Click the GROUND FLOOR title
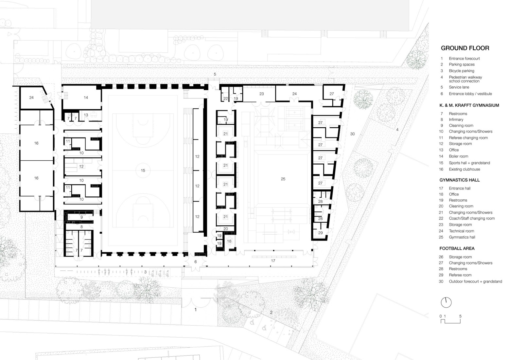(x=465, y=48)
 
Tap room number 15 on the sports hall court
(x=143, y=171)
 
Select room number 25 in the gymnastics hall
(x=283, y=179)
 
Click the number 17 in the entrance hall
(x=273, y=261)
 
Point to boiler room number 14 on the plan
(x=86, y=98)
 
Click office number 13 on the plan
(x=86, y=115)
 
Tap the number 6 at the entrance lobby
(x=196, y=262)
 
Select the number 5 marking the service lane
(x=215, y=74)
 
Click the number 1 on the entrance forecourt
(x=196, y=310)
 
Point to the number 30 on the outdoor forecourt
(x=352, y=134)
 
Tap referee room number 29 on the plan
(x=320, y=233)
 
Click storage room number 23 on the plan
(x=261, y=94)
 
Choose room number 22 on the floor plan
(x=226, y=99)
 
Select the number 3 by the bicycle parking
(x=145, y=272)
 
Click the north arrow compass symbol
(x=446, y=302)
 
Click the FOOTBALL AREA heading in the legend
(x=457, y=248)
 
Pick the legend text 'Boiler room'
(x=458, y=156)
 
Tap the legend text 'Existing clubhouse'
(x=464, y=169)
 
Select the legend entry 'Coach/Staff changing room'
(x=471, y=218)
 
